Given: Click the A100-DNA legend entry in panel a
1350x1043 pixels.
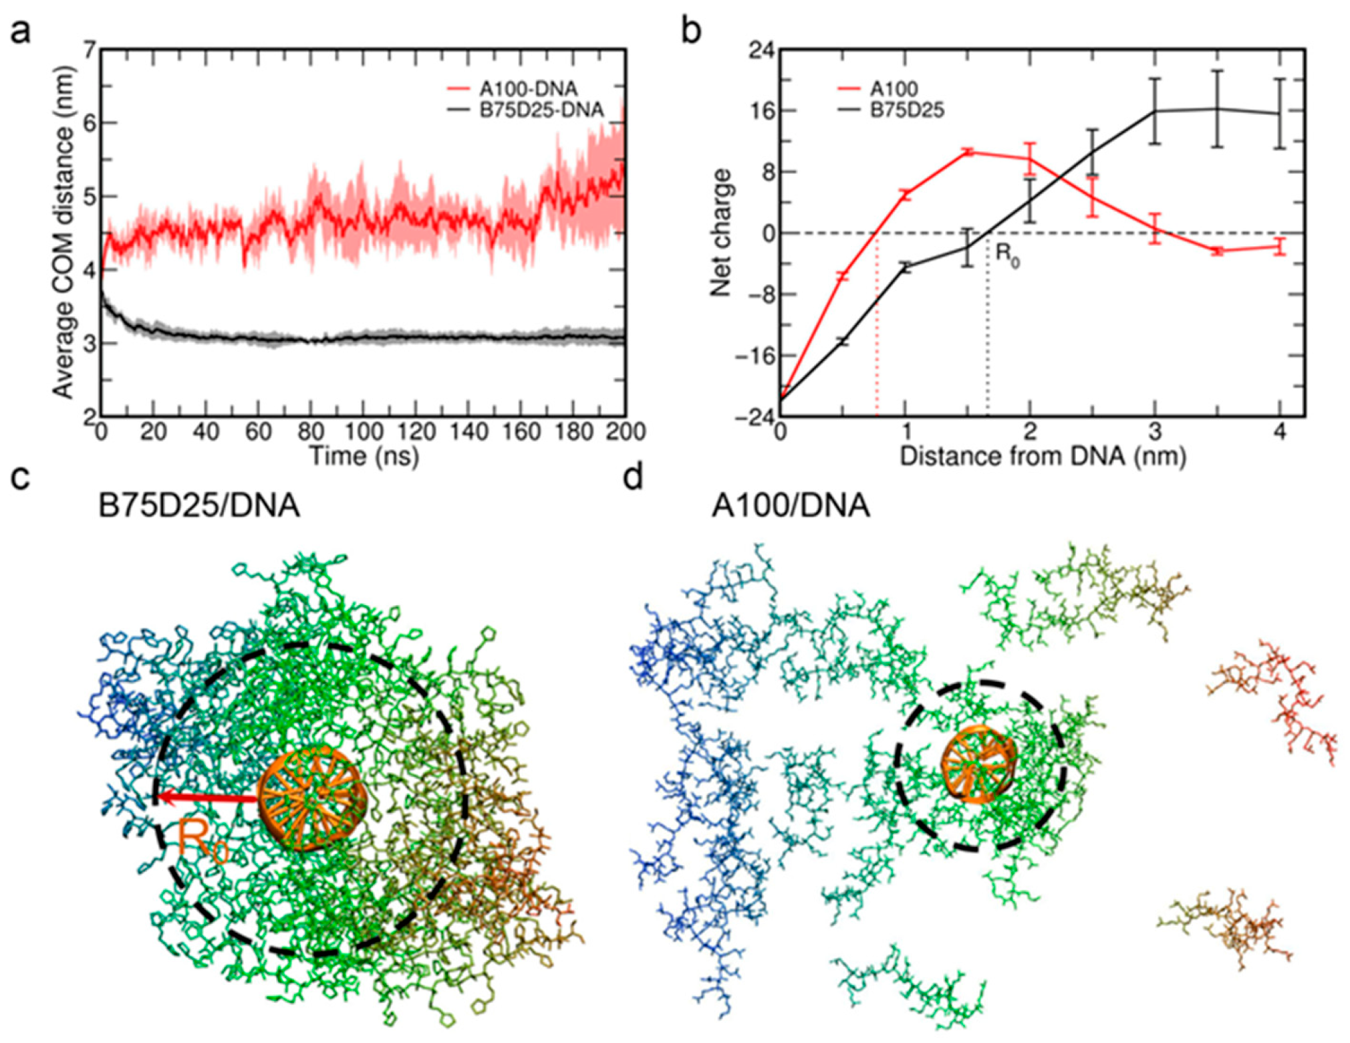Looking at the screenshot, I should point(528,88).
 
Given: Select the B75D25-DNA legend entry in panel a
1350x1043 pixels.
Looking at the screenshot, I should point(541,110).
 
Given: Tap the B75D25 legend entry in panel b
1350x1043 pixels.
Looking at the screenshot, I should point(907,110).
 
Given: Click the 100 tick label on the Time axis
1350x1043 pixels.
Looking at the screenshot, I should point(362,432).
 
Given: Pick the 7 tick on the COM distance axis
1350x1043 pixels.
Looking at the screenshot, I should point(89,49).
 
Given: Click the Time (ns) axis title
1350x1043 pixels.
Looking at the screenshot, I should point(364,457).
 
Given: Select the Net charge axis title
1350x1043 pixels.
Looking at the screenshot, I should point(721,233).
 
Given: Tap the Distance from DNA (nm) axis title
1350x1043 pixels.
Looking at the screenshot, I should point(1043,457).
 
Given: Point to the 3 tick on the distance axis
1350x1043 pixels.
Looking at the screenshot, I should point(1155,432).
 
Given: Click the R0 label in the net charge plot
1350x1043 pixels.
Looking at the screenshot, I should point(1007,255).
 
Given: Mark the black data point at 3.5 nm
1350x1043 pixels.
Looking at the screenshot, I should point(1218,109).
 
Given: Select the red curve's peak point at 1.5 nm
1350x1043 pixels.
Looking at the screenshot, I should point(968,152).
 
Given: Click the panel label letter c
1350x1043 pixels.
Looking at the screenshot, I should point(20,477).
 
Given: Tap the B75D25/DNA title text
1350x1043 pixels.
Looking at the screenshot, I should point(199,506).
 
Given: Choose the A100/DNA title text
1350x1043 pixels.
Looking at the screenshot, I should point(791,506).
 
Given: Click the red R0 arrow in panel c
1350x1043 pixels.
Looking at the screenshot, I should point(207,796).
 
